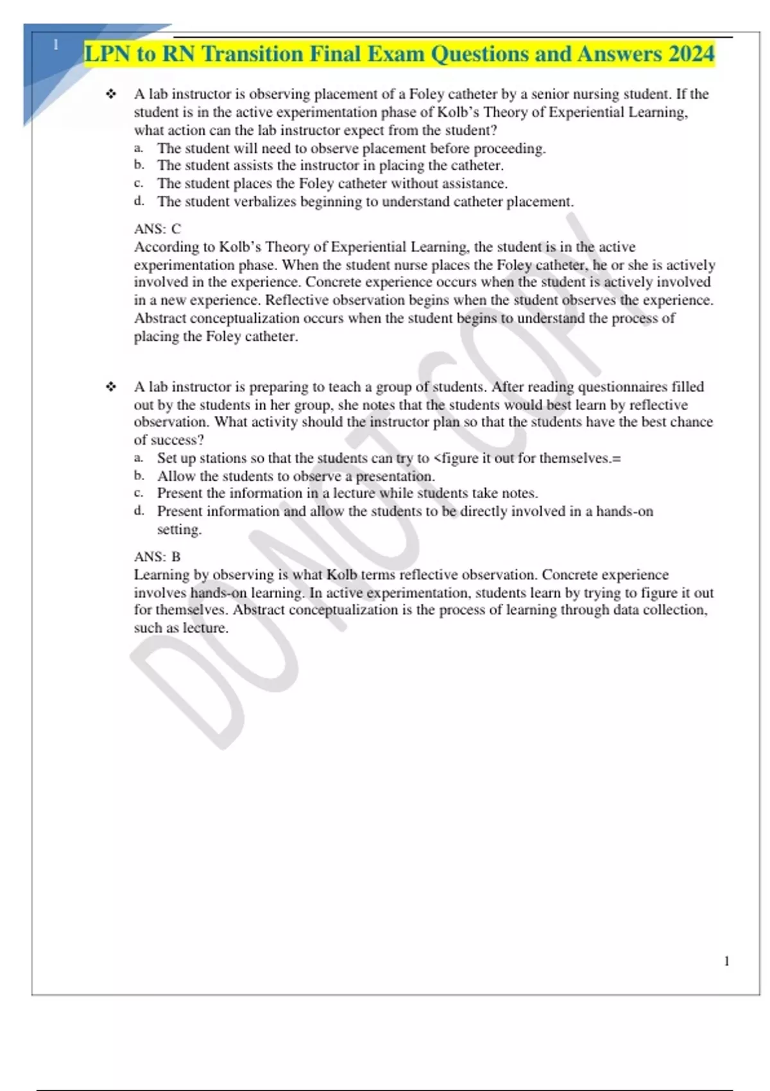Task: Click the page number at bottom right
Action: pyautogui.click(x=726, y=961)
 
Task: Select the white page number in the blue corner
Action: pyautogui.click(x=56, y=45)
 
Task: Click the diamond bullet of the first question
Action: pyautogui.click(x=111, y=94)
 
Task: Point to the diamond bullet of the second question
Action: pyautogui.click(x=111, y=387)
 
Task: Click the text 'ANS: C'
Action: pyautogui.click(x=157, y=228)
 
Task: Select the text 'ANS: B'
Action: pyautogui.click(x=157, y=556)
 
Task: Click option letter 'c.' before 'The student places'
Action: pyautogui.click(x=139, y=184)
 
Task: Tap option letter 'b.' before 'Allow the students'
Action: pyautogui.click(x=139, y=476)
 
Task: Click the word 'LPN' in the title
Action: pyautogui.click(x=107, y=54)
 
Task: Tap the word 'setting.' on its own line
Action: pyautogui.click(x=179, y=529)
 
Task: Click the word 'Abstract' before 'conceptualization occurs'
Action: pyautogui.click(x=160, y=318)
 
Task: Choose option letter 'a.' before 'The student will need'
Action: pyautogui.click(x=139, y=148)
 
